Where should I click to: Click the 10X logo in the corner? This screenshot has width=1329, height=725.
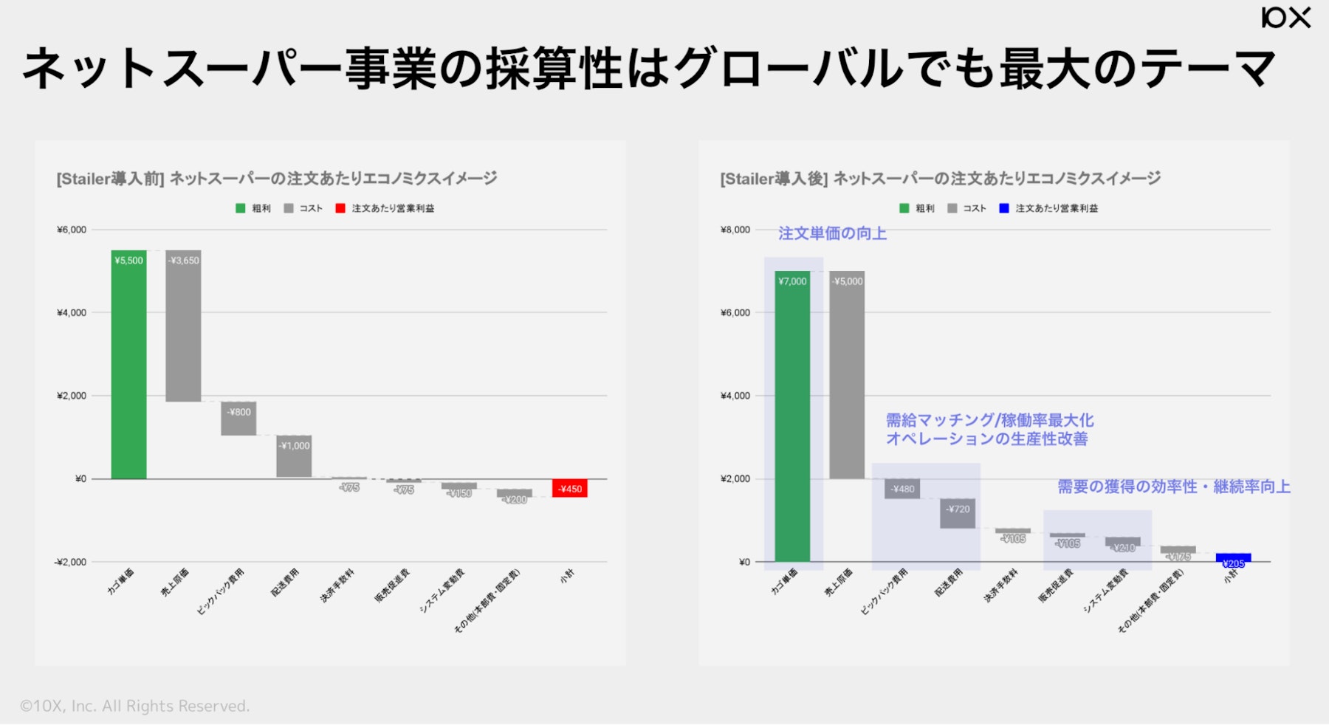pyautogui.click(x=1285, y=17)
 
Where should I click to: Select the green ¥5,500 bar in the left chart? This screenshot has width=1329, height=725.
pyautogui.click(x=128, y=365)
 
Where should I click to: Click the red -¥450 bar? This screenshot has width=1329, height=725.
pyautogui.click(x=569, y=488)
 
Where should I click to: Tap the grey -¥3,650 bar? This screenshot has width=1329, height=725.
pyautogui.click(x=183, y=326)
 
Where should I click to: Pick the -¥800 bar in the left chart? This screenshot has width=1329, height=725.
pyautogui.click(x=238, y=419)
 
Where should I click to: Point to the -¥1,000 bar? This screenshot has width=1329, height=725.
pyautogui.click(x=294, y=456)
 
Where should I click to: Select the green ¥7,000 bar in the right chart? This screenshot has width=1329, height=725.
pyautogui.click(x=792, y=416)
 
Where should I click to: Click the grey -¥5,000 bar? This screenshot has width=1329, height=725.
pyautogui.click(x=847, y=375)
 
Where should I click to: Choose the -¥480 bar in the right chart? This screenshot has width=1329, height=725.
pyautogui.click(x=902, y=489)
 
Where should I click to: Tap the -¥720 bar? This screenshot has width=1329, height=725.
pyautogui.click(x=958, y=513)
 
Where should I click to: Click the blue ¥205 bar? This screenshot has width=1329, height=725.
pyautogui.click(x=1233, y=558)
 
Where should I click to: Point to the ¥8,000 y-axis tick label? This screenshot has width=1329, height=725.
pyautogui.click(x=735, y=230)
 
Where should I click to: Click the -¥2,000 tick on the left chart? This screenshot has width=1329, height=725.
pyautogui.click(x=70, y=562)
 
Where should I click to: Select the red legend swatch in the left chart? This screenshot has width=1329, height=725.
pyautogui.click(x=340, y=208)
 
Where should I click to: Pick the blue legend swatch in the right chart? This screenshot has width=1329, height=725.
pyautogui.click(x=1004, y=208)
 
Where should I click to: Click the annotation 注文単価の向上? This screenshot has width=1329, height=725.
pyautogui.click(x=832, y=233)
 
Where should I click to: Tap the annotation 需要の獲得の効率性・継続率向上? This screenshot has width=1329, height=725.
pyautogui.click(x=1173, y=487)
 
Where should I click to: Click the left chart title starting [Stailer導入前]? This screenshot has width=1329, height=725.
pyautogui.click(x=277, y=179)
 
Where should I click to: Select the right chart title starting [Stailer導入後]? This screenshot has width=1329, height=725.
pyautogui.click(x=940, y=179)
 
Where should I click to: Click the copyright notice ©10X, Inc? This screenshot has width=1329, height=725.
pyautogui.click(x=135, y=706)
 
